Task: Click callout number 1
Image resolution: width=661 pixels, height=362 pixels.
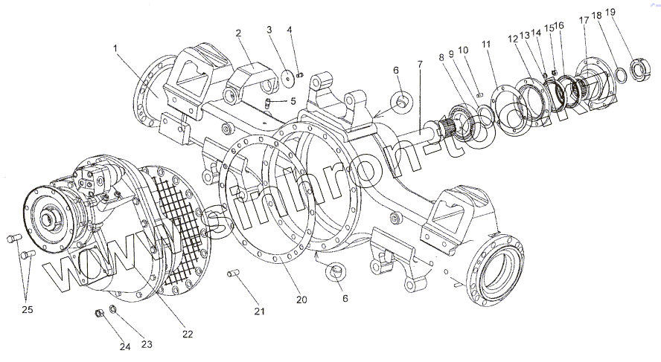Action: [x=116, y=48]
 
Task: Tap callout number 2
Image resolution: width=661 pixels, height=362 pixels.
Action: [x=238, y=33]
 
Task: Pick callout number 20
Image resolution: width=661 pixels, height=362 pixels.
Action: [x=301, y=300]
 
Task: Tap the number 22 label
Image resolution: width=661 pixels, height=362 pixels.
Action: [x=188, y=334]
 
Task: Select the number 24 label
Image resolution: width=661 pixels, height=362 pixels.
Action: [x=125, y=345]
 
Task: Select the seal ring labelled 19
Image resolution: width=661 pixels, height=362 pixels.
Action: [x=639, y=71]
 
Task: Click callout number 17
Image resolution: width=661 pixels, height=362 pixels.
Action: [x=584, y=21]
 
